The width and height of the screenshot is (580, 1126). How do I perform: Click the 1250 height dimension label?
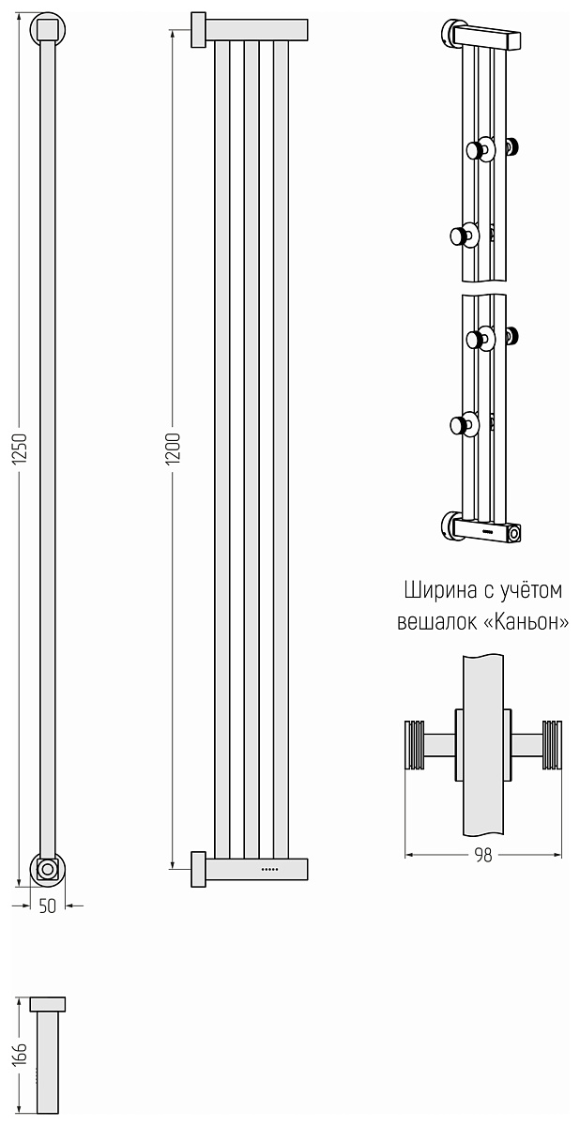tap(19, 448)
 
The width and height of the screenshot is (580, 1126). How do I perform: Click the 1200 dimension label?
tap(173, 448)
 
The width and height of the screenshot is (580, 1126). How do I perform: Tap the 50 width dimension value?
tap(47, 906)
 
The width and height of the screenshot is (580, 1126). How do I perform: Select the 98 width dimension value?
tap(483, 855)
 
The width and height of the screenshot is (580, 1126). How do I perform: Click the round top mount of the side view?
tap(48, 30)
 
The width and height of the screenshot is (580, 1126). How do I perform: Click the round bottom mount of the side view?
tap(48, 868)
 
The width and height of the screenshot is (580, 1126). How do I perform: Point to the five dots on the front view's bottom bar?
tap(270, 869)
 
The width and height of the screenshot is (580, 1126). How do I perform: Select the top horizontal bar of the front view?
tap(256, 30)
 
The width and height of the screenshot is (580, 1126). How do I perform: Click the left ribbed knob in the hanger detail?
tap(415, 745)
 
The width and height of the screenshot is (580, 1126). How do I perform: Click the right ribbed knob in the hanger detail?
tap(552, 745)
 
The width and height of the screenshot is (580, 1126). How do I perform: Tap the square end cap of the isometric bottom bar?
tap(513, 533)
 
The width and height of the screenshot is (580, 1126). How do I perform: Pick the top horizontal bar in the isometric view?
tap(487, 38)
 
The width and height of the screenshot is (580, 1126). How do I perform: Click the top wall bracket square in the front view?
tap(199, 30)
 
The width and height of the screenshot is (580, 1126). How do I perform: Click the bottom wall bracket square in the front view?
tap(199, 869)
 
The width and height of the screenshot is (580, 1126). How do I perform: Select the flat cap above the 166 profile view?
tap(47, 1005)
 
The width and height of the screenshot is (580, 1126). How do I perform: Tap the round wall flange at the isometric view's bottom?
tap(449, 526)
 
